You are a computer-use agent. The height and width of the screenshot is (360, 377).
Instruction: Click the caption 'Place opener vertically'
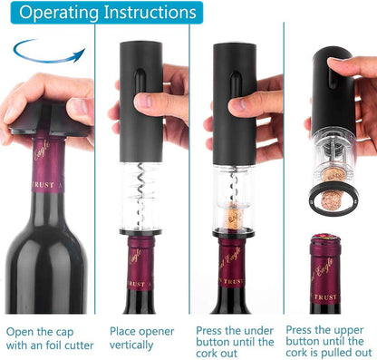tap(142, 338)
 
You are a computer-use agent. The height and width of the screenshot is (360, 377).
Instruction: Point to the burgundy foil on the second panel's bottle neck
tap(143, 272)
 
